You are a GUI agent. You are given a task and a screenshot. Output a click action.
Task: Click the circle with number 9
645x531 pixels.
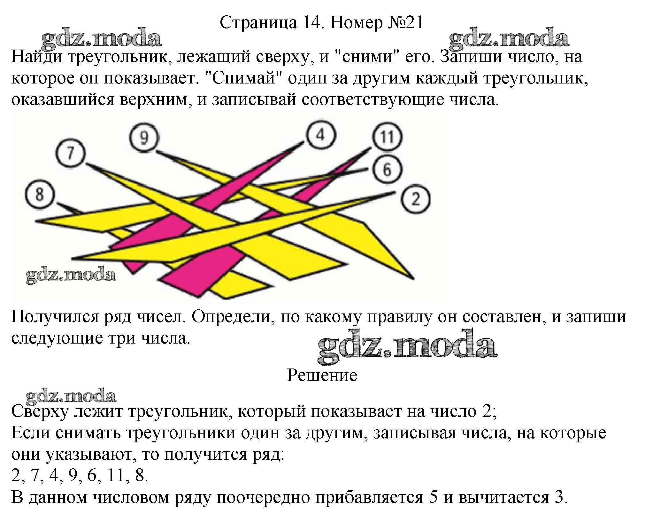coord(144,138)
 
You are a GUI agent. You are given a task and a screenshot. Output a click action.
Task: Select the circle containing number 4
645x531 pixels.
coord(321,135)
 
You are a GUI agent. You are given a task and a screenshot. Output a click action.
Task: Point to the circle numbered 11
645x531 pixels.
coord(387,138)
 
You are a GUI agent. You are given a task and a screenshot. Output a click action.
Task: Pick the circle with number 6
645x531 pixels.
coord(387,170)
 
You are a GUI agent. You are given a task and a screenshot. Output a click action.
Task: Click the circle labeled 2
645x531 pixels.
coord(415,200)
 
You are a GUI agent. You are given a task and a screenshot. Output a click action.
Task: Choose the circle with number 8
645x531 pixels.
coord(40,194)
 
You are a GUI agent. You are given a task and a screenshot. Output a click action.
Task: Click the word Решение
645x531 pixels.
coord(322,375)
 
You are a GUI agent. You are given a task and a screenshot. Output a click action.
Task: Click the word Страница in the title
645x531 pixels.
coord(258,23)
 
